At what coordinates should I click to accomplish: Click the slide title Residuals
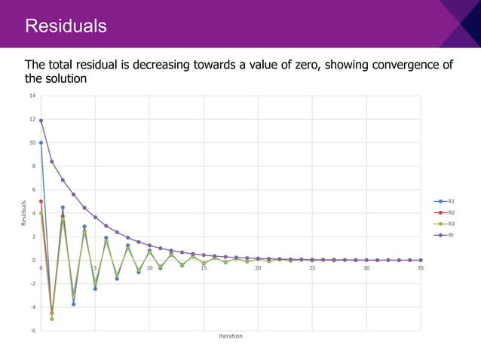pos(66,27)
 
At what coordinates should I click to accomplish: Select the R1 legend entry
pos(451,202)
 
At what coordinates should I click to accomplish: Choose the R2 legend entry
pos(451,213)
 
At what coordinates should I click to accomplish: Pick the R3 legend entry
pos(451,224)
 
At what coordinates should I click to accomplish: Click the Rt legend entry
pos(451,236)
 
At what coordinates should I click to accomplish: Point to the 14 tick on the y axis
pos(32,96)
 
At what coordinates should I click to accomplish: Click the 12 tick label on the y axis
pos(32,119)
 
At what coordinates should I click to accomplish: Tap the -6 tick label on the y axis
pos(32,331)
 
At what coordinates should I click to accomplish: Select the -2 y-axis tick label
pos(32,284)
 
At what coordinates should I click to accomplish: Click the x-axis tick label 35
pos(421,268)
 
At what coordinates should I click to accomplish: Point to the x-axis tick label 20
pos(258,268)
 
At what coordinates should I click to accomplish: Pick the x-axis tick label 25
pos(312,268)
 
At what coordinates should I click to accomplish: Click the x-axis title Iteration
pos(230,337)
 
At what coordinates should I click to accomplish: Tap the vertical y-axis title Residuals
pos(23,213)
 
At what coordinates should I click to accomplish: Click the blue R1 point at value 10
pos(41,142)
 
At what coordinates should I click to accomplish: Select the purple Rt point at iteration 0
pos(41,121)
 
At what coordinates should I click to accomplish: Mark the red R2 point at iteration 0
pos(41,201)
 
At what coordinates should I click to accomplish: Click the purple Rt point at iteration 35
pos(421,260)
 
